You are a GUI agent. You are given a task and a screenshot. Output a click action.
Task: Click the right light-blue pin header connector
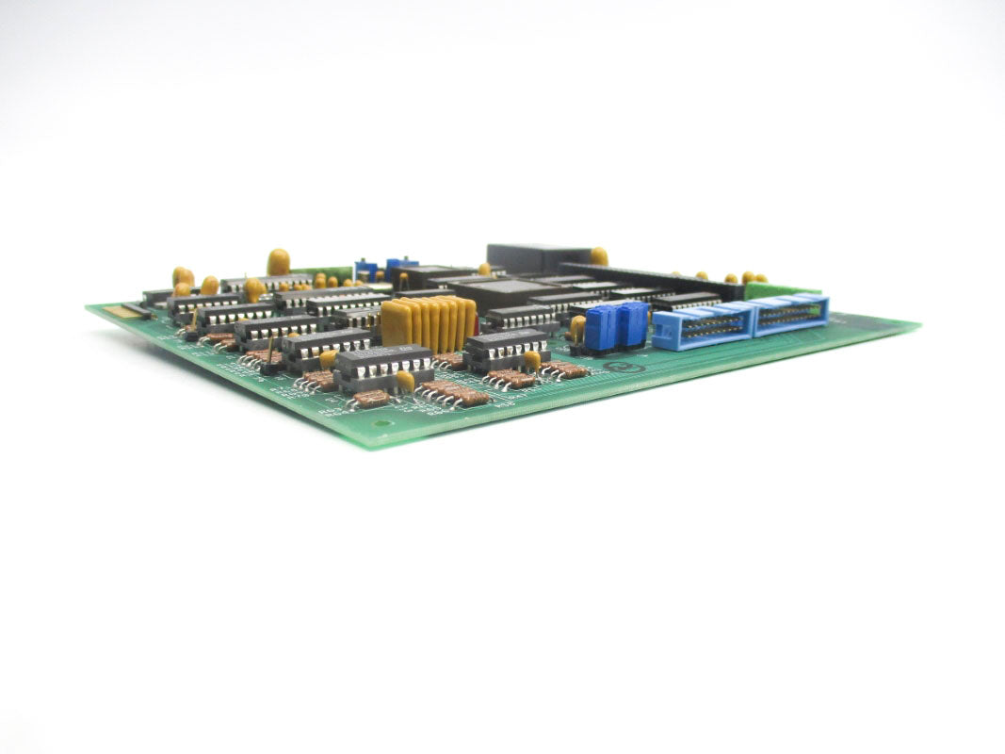(x=789, y=313)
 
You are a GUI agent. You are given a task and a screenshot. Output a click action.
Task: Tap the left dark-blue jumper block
(x=600, y=328)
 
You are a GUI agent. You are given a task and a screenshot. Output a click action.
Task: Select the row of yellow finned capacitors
(x=429, y=321)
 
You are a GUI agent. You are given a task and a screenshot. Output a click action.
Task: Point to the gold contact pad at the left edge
(x=119, y=310)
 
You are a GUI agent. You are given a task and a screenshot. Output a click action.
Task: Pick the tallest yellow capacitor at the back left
(x=278, y=261)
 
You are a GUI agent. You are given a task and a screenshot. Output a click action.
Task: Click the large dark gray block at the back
(x=538, y=257)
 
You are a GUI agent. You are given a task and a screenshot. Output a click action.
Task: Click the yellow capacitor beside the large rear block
(x=598, y=255)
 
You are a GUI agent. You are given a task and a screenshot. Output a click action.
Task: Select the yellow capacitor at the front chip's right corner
(x=406, y=381)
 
